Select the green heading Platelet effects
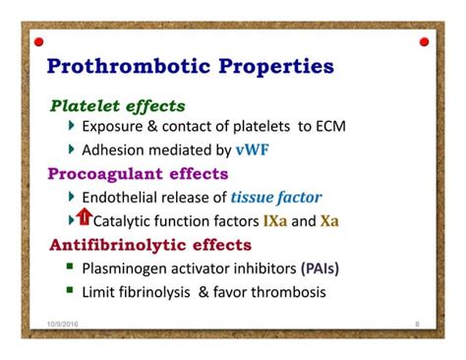tap(118, 105)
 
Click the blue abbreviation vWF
tap(249, 150)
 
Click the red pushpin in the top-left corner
tap(39, 42)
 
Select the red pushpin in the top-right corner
tap(424, 42)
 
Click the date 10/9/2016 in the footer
tap(64, 323)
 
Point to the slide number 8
tap(417, 323)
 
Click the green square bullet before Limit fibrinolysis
tap(71, 290)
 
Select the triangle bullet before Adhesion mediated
tap(71, 150)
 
